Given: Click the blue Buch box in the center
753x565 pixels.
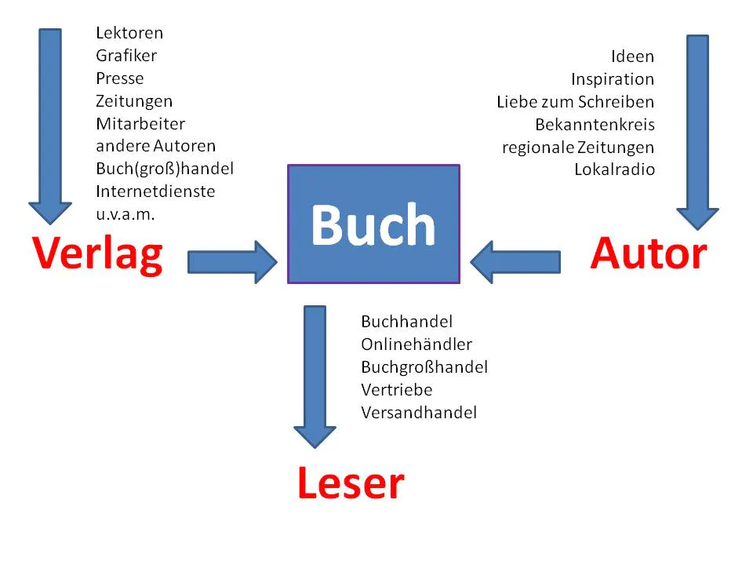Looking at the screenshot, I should tap(373, 224).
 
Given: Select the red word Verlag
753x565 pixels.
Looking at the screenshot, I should tap(98, 254).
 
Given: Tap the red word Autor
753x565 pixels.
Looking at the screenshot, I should tap(649, 253).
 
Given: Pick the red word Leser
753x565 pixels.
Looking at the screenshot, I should tap(351, 483).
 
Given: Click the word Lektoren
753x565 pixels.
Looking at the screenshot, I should tap(129, 33).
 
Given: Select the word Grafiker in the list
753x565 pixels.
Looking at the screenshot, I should tap(126, 56).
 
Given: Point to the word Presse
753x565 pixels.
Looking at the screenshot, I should tap(120, 78).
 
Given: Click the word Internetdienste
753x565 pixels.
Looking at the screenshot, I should tap(155, 191).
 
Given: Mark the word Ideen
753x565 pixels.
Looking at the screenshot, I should tap(632, 56).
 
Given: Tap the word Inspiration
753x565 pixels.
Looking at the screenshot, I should tap(612, 79).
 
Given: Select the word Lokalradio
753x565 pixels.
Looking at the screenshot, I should tap(614, 169).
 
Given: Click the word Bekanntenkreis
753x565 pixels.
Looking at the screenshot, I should tap(595, 124).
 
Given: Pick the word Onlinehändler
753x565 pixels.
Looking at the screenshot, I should tap(417, 344).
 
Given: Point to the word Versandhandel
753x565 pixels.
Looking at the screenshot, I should tap(419, 412).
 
